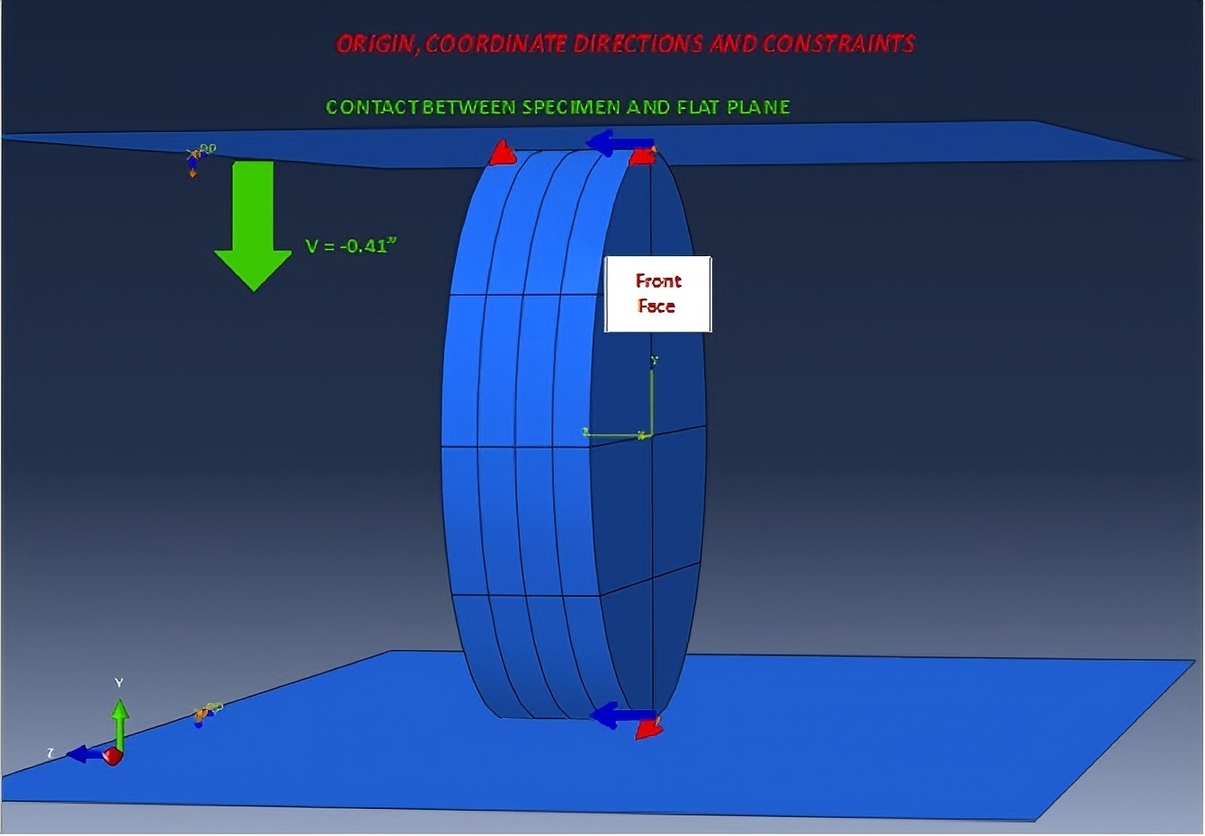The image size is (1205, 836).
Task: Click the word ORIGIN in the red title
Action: (374, 44)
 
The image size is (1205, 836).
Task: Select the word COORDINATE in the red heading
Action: (495, 44)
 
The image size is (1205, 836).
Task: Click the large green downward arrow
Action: (253, 224)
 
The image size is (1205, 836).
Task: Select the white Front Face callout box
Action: (657, 294)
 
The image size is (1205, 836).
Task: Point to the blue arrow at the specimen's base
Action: (621, 716)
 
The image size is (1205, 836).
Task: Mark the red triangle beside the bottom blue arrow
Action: (648, 729)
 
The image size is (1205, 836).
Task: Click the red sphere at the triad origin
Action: (112, 756)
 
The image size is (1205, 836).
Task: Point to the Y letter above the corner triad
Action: (119, 683)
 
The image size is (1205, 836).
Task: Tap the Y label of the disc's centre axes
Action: (655, 361)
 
